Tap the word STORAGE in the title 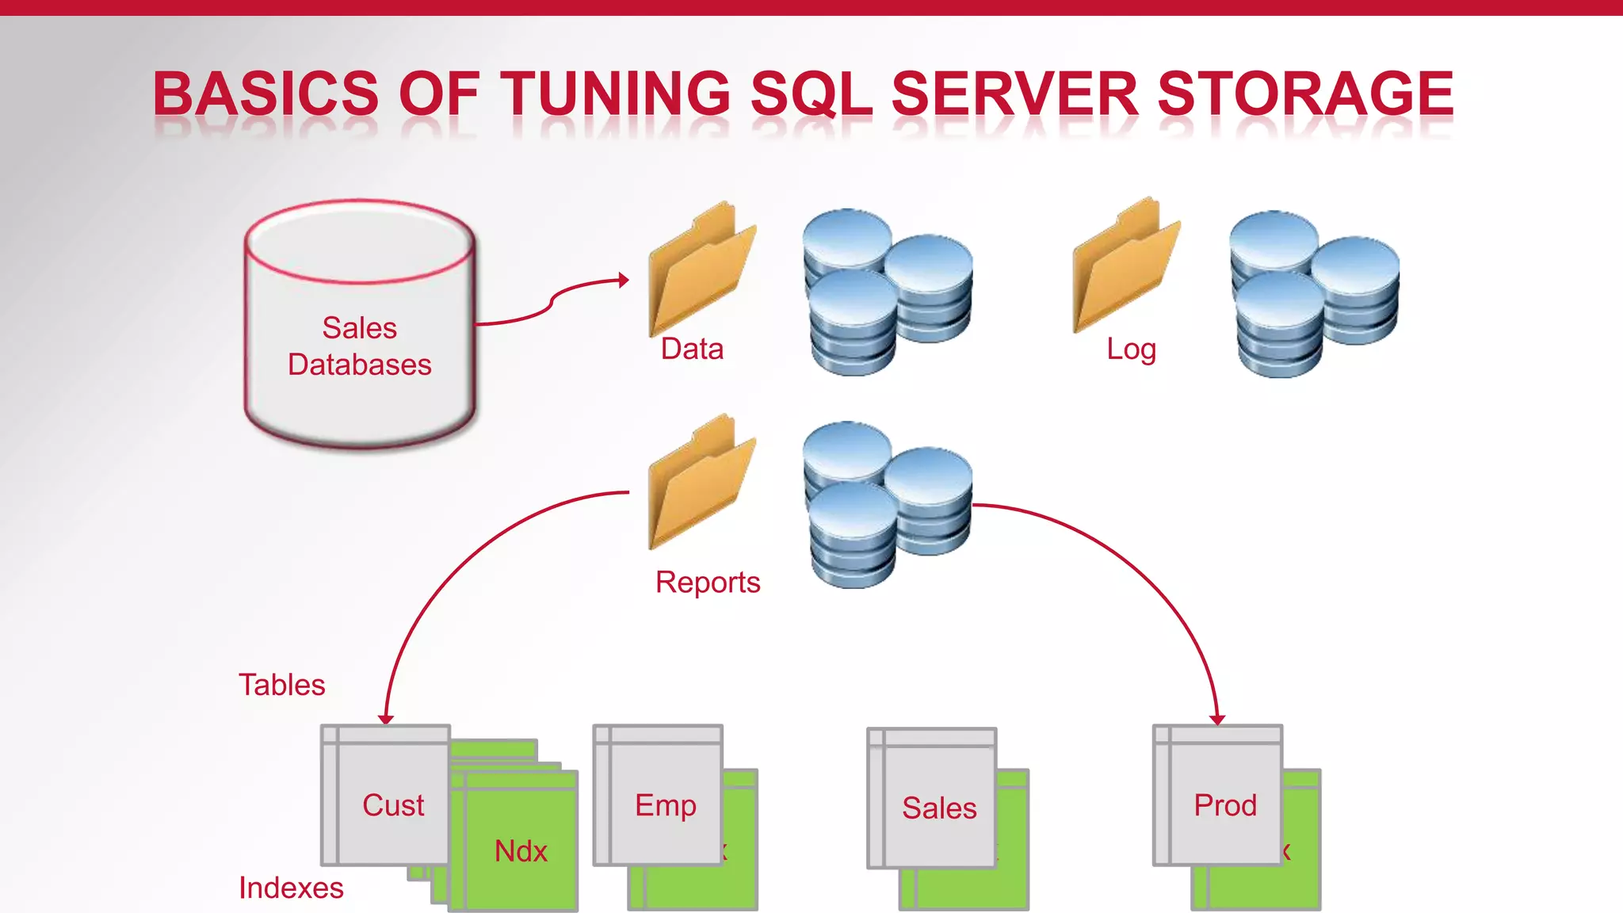click(x=1305, y=94)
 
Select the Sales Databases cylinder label click(x=360, y=346)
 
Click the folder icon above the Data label click(x=701, y=269)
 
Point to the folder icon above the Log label click(x=1125, y=266)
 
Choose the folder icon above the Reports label click(x=701, y=482)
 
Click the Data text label click(x=692, y=349)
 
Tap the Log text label click(x=1131, y=349)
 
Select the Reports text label click(x=707, y=583)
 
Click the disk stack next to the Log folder click(x=1313, y=294)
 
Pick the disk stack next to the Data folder click(x=887, y=292)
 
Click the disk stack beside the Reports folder click(x=887, y=505)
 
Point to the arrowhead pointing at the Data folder click(x=624, y=280)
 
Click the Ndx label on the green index click(x=521, y=851)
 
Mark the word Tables click(x=282, y=685)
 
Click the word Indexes click(x=291, y=888)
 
